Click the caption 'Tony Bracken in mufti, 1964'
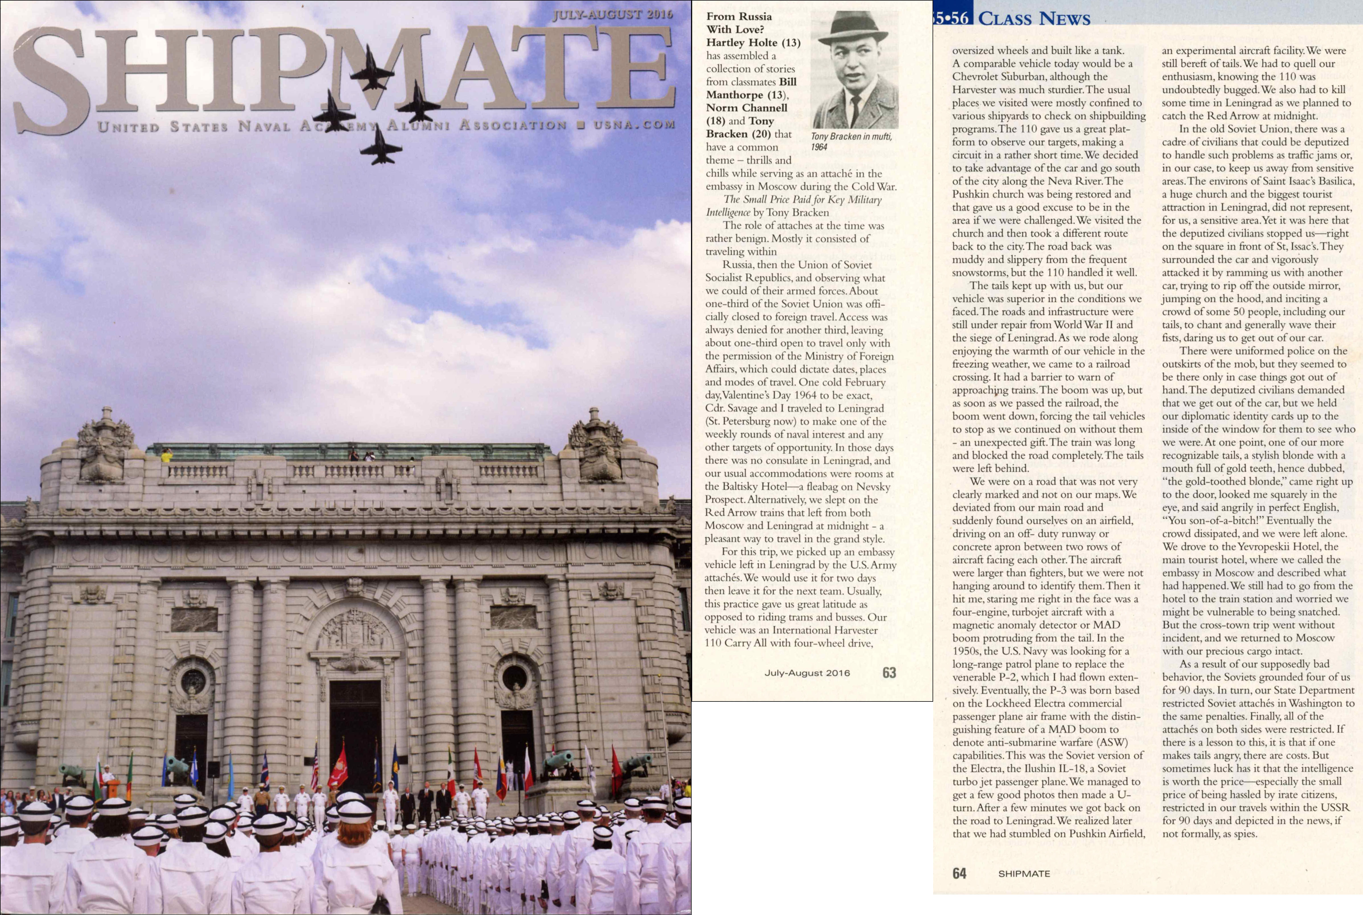pos(851,141)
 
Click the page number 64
pos(959,873)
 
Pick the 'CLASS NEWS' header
pos(1034,19)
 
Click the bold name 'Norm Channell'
pos(747,108)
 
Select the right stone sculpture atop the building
pos(597,446)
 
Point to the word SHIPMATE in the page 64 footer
pos(1024,873)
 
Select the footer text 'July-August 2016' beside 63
pos(807,673)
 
